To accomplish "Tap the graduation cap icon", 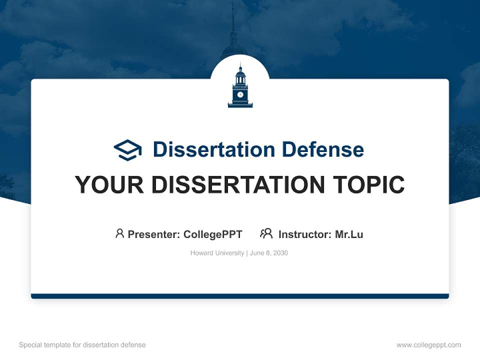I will pyautogui.click(x=127, y=149).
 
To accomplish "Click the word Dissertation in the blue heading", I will pyautogui.click(x=213, y=149).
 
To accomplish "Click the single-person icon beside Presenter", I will pyautogui.click(x=119, y=233).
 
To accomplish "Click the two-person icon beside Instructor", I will pyautogui.click(x=266, y=233).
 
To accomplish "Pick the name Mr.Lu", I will pyautogui.click(x=349, y=234).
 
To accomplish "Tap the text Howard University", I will pyautogui.click(x=216, y=253).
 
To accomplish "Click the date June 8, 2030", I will pyautogui.click(x=269, y=253).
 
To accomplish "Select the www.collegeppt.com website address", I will pyautogui.click(x=428, y=345).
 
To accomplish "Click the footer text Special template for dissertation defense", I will pyautogui.click(x=82, y=345).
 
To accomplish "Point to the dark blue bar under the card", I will pyautogui.click(x=240, y=296).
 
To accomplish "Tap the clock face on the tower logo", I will pyautogui.click(x=240, y=94).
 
